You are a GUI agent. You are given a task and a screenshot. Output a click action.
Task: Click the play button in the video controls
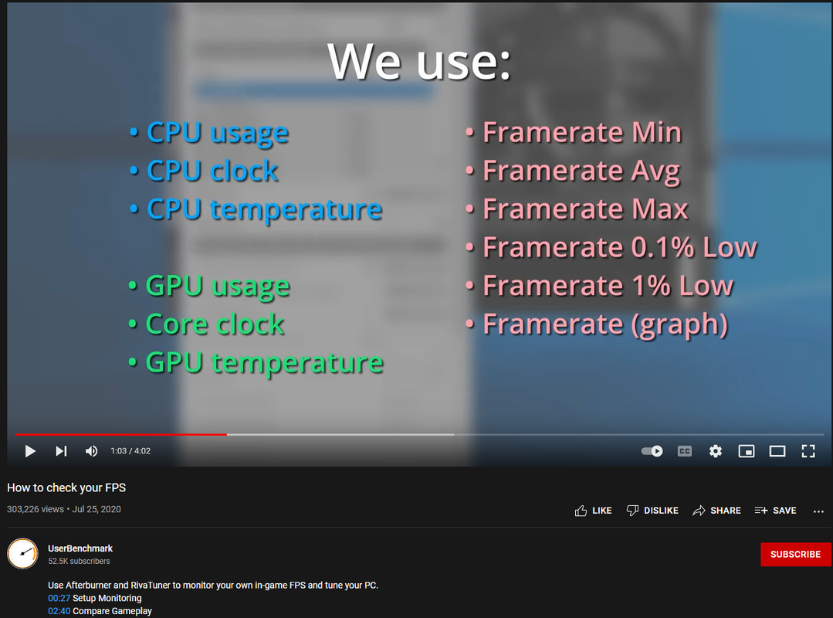[30, 451]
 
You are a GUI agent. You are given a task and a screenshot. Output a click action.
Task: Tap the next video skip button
[61, 451]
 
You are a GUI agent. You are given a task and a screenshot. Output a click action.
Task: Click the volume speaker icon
[91, 451]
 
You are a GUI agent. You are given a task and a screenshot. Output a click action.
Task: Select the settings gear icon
[716, 451]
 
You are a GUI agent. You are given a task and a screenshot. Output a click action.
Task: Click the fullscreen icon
[808, 451]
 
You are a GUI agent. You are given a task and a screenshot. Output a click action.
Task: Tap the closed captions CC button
[685, 451]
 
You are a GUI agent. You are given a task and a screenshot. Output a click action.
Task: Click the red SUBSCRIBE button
[796, 554]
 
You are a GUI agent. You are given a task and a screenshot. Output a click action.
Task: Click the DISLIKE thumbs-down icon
[632, 511]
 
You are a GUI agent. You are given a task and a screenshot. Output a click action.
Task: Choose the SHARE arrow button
[716, 511]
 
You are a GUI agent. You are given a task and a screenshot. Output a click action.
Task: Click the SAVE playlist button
[776, 511]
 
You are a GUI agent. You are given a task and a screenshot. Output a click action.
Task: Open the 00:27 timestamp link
[59, 598]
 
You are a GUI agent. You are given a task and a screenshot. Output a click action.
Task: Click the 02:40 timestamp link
[59, 611]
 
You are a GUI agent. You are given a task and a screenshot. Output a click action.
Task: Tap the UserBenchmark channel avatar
[22, 554]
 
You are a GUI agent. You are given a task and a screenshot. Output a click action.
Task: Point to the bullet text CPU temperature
[264, 210]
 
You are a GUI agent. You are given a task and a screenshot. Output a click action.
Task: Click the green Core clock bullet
[215, 324]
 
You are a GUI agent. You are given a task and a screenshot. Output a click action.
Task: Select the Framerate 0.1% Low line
[619, 247]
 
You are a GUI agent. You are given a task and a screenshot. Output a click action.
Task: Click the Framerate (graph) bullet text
[605, 324]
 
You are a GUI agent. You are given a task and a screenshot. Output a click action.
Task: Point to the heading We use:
[419, 62]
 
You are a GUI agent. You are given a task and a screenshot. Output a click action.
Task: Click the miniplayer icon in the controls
[747, 451]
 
